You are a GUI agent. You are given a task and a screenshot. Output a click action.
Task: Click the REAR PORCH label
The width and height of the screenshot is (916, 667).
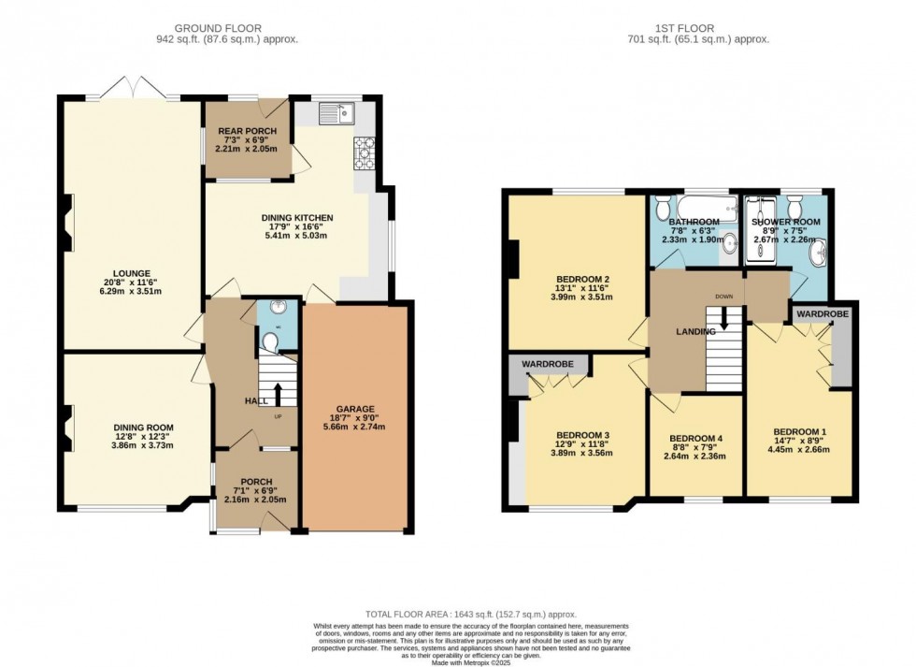tap(241, 131)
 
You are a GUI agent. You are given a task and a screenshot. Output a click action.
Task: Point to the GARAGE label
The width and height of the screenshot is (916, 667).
tap(356, 409)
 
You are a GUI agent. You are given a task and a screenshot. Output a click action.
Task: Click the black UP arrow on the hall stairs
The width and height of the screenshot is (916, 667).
tap(277, 392)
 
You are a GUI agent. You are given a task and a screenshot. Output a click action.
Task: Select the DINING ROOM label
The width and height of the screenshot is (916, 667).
tap(136, 428)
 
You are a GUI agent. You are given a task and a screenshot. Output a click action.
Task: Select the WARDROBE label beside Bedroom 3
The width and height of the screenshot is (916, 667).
tap(547, 362)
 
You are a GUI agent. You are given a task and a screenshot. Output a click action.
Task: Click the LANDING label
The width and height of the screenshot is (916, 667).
tap(696, 331)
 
